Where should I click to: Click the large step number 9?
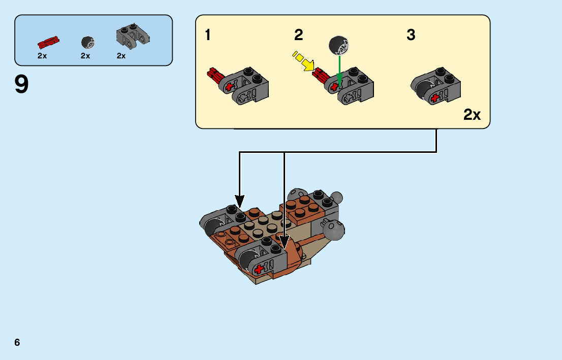[x=22, y=84]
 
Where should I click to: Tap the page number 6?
[x=17, y=342]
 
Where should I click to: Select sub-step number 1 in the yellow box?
[x=208, y=36]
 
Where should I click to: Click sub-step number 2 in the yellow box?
[x=298, y=36]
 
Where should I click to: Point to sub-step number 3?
[x=411, y=36]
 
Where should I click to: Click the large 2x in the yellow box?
[x=472, y=115]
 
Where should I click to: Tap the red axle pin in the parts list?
[x=49, y=43]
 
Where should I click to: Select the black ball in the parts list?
[x=87, y=43]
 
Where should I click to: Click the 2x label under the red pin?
[x=42, y=56]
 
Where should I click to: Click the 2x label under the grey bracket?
[x=121, y=56]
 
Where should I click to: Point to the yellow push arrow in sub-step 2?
[x=303, y=61]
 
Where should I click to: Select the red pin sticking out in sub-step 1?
[x=213, y=76]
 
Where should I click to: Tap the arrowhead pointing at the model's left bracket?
[x=239, y=201]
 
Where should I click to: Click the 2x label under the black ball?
[x=85, y=56]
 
